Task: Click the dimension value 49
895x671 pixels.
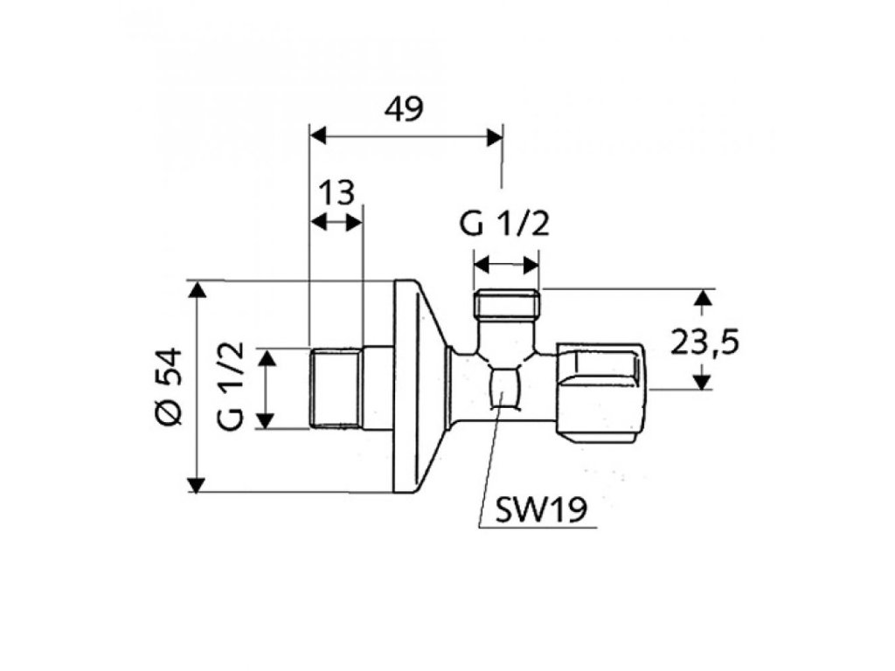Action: pyautogui.click(x=403, y=109)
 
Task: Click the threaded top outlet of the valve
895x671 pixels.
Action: pyautogui.click(x=506, y=306)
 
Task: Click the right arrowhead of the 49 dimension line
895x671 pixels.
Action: pyautogui.click(x=496, y=135)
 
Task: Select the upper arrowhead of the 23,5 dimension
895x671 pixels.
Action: pyautogui.click(x=701, y=298)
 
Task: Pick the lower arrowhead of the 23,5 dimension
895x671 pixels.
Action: pyautogui.click(x=701, y=381)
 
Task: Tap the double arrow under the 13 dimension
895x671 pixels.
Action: pyautogui.click(x=336, y=221)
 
